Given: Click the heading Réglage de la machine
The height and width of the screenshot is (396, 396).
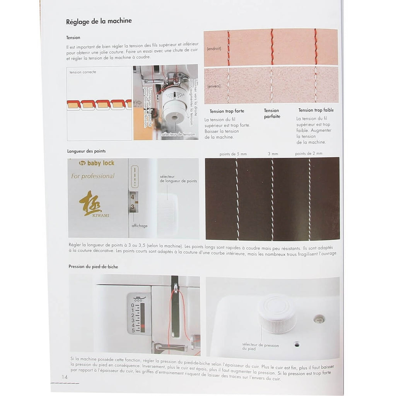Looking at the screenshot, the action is pyautogui.click(x=99, y=21).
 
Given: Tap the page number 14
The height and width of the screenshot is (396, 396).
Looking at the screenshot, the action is pyautogui.click(x=65, y=377).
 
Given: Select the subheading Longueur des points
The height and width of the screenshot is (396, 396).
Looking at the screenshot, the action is pyautogui.click(x=86, y=151).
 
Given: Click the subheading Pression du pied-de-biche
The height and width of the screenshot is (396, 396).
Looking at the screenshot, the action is pyautogui.click(x=93, y=266).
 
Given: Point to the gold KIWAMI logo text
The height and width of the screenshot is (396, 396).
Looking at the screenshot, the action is pyautogui.click(x=101, y=215).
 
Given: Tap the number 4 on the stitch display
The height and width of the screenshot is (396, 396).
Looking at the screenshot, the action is pyautogui.click(x=132, y=197).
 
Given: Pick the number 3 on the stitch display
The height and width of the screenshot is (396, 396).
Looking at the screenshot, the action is pyautogui.click(x=133, y=207).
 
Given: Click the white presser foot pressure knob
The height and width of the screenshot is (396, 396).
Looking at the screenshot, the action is pyautogui.click(x=277, y=313).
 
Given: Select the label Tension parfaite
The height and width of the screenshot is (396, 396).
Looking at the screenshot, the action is pyautogui.click(x=272, y=113).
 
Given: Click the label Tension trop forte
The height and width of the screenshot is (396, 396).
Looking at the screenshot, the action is pyautogui.click(x=227, y=111).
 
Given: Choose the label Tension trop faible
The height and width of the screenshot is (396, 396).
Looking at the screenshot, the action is pyautogui.click(x=316, y=110).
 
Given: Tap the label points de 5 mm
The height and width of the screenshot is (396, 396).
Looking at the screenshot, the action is pyautogui.click(x=233, y=154).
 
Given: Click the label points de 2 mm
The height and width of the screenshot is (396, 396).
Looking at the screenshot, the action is pyautogui.click(x=309, y=154).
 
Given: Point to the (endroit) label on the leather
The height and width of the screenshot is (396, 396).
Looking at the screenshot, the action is pyautogui.click(x=214, y=48).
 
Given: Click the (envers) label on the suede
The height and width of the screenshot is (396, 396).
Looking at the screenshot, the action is pyautogui.click(x=214, y=86).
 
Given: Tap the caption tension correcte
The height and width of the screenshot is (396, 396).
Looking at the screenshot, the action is pyautogui.click(x=83, y=72).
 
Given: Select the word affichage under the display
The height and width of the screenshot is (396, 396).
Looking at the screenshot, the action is pyautogui.click(x=140, y=225).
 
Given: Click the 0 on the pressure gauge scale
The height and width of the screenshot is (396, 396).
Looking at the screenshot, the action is pyautogui.click(x=133, y=305).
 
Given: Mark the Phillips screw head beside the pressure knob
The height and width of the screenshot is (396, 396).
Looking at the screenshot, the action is pyautogui.click(x=319, y=319).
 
